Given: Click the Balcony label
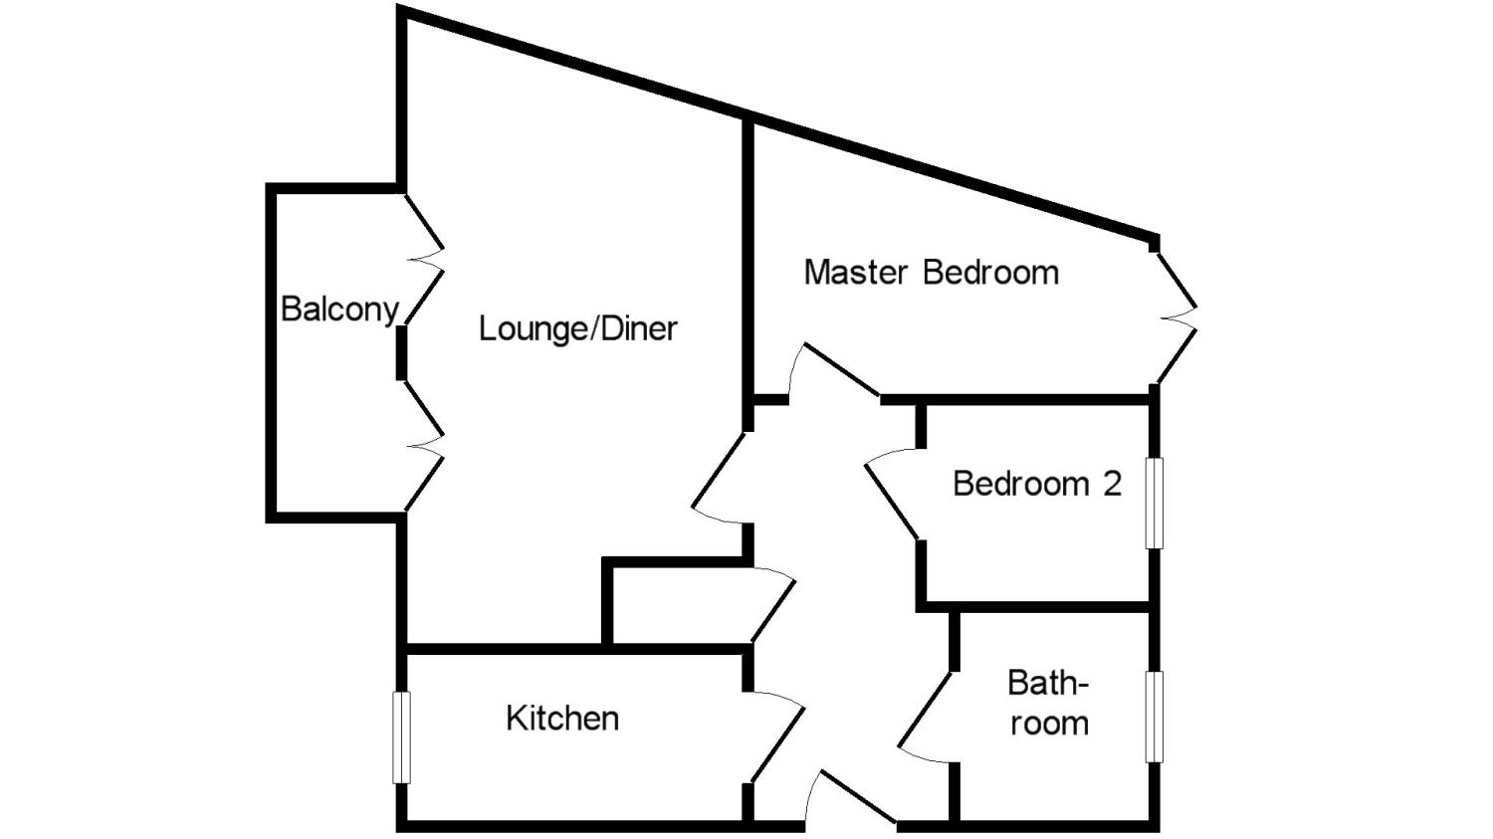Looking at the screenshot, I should pos(339,310).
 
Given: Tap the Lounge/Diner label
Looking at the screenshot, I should pos(577,328).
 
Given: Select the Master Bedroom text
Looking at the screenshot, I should pos(931,273).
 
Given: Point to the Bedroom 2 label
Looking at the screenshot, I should pos(1036,484).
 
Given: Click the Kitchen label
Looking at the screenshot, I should pos(562,718).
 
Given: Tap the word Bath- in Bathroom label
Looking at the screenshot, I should pos(1048,684).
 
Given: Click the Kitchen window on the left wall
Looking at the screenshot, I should pos(401,737).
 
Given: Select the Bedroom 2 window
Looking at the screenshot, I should pos(1154,503).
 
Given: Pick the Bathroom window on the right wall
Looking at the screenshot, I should pos(1154,717).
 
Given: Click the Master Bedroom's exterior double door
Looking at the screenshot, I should pos(1174,313).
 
